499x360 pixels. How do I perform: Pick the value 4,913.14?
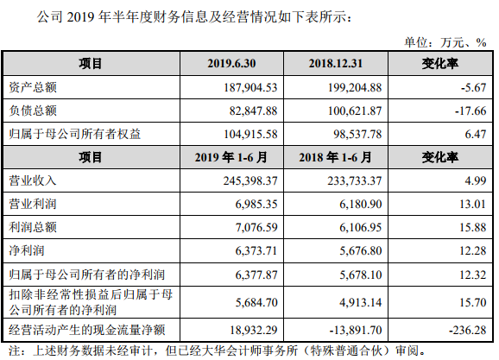click(356, 303)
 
